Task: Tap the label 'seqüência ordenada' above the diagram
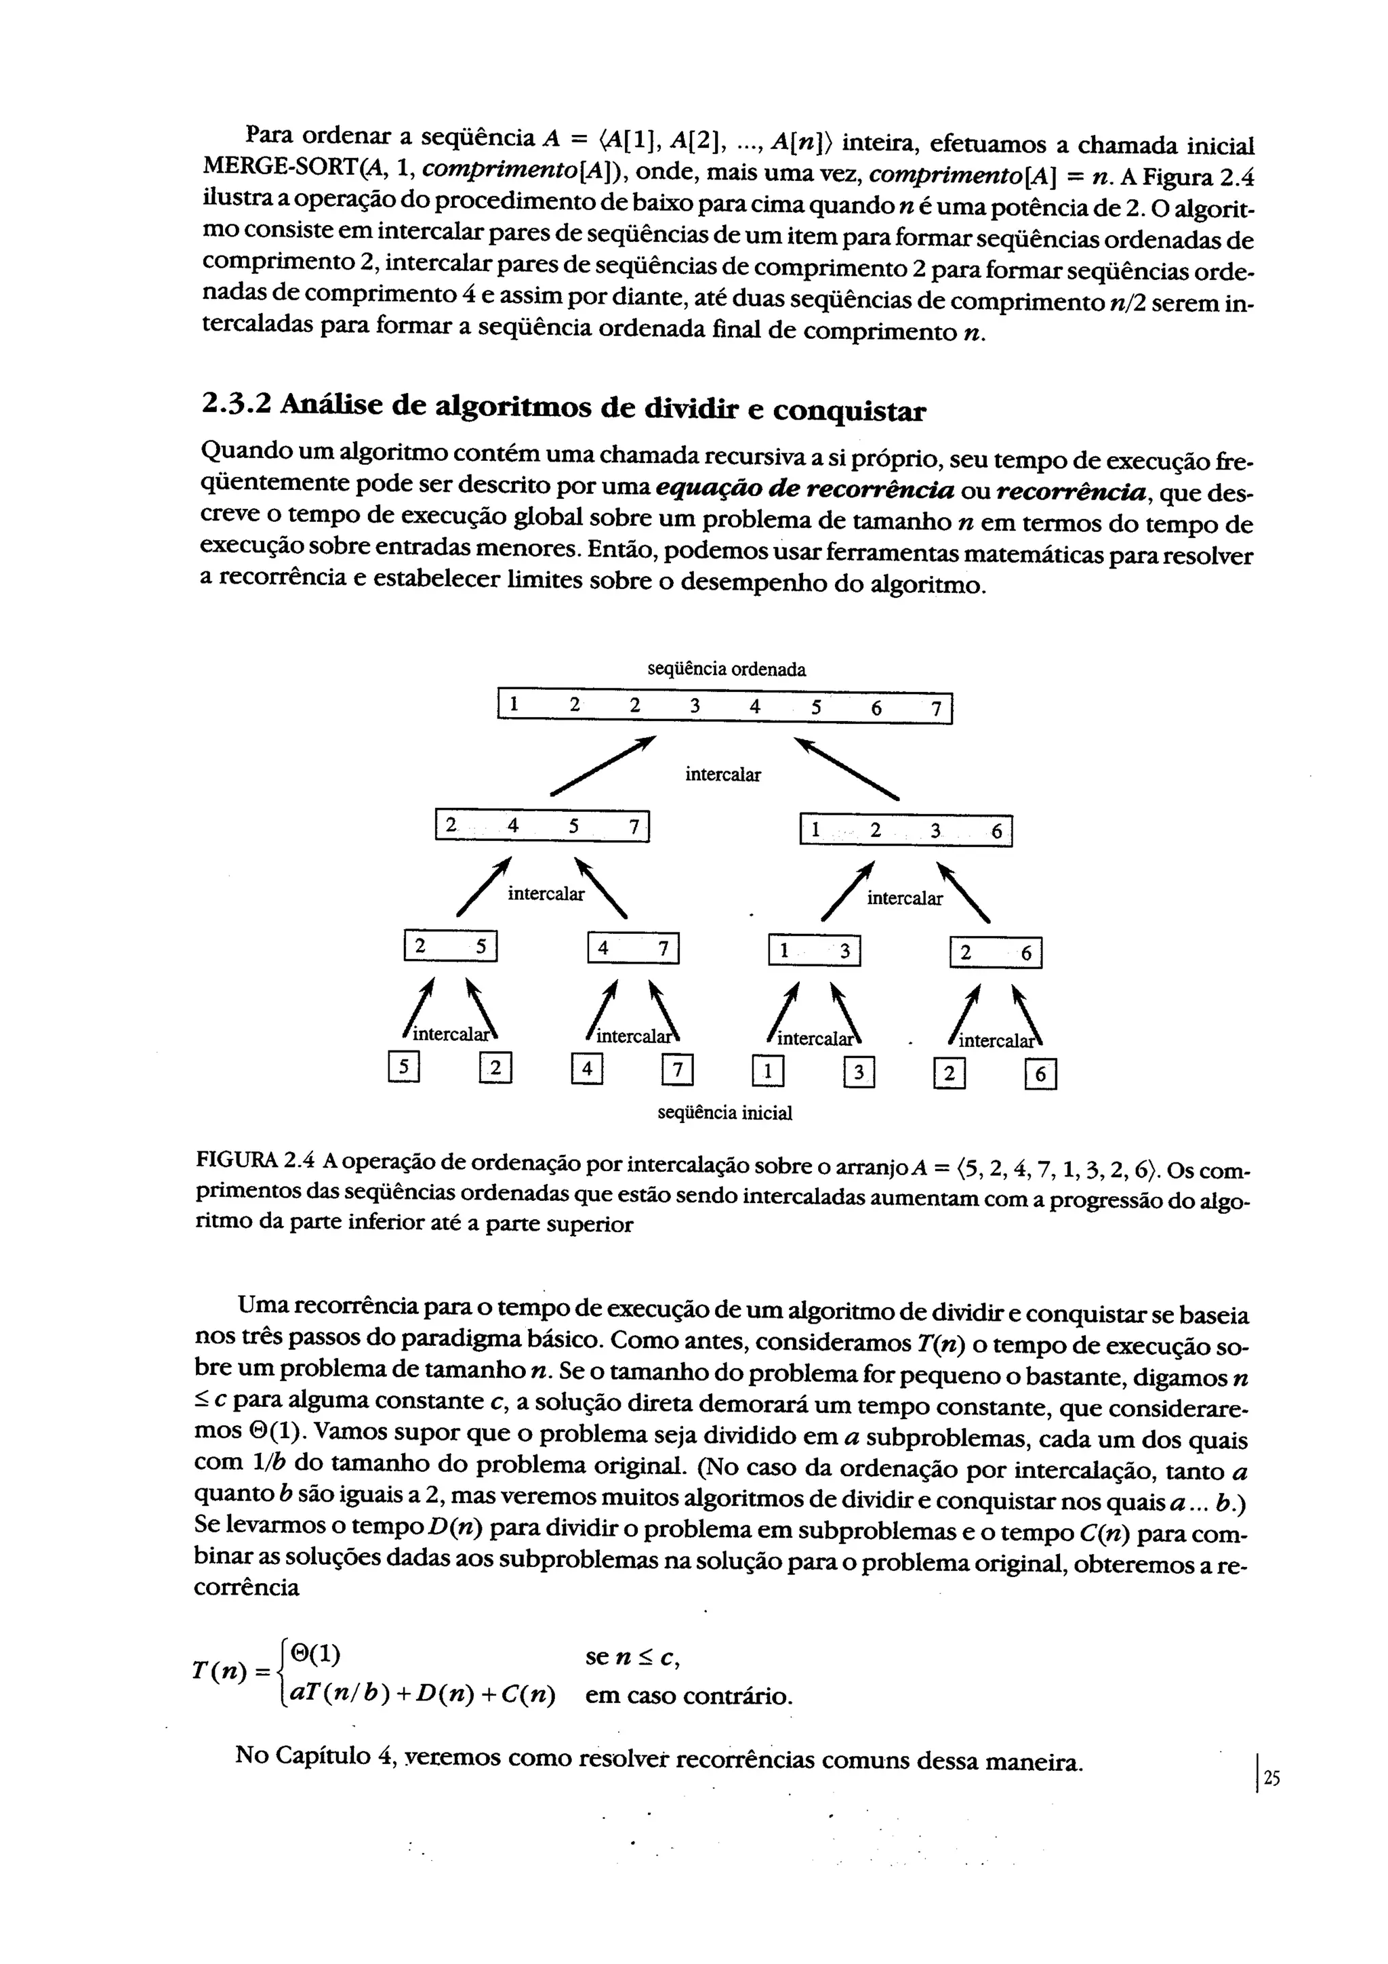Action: point(726,669)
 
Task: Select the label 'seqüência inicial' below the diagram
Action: point(724,1113)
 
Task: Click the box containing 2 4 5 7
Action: point(542,826)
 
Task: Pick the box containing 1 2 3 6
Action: point(905,831)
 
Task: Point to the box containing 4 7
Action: point(633,948)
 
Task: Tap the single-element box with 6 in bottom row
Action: point(1040,1073)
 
